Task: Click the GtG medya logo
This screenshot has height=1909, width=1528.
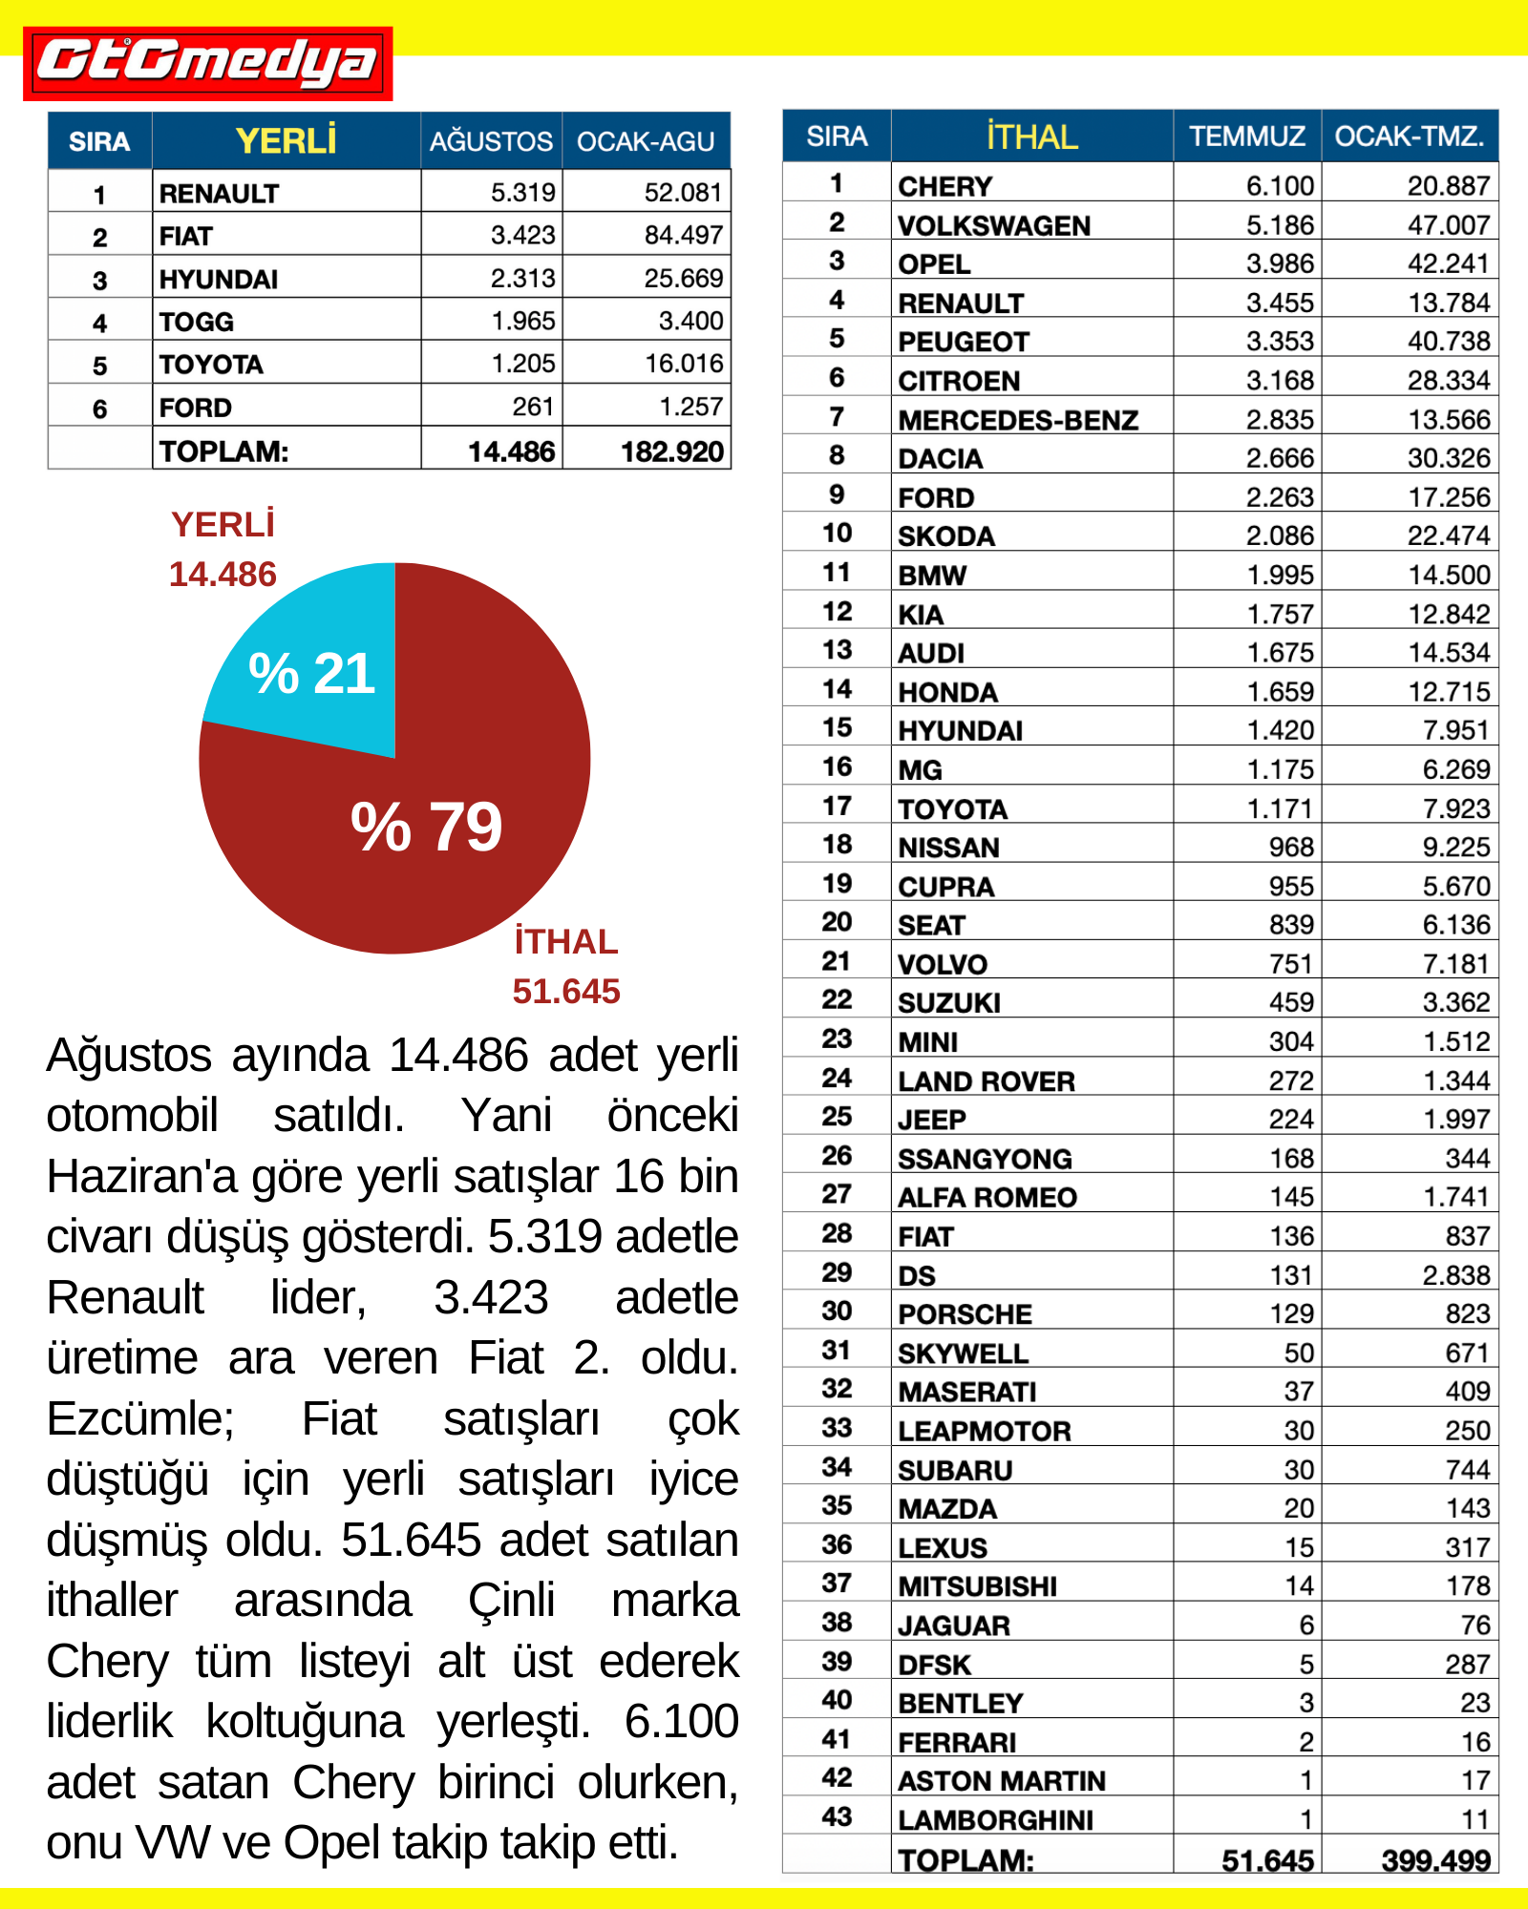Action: pos(207,63)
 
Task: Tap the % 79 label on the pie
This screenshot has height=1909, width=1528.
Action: pos(426,827)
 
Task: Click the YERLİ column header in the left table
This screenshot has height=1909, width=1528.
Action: pos(286,141)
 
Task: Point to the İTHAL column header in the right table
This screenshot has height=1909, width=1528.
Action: pos(1031,136)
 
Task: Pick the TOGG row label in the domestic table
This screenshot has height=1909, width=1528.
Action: pos(197,322)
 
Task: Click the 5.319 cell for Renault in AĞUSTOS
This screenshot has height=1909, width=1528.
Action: pos(522,193)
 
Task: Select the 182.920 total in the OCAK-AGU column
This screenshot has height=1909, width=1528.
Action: pos(671,451)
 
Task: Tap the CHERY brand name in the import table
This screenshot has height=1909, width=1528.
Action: pos(945,186)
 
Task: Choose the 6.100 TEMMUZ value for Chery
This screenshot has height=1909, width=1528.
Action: pos(1280,186)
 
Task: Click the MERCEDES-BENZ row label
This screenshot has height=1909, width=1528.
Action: pos(1018,420)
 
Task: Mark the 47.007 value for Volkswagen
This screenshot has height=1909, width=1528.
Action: pos(1448,225)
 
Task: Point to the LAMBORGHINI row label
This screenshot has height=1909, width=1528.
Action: pos(995,1820)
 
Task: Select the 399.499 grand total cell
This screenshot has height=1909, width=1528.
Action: pos(1435,1860)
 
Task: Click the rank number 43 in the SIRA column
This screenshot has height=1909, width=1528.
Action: pos(837,1816)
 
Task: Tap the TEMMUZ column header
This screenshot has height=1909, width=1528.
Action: pos(1246,136)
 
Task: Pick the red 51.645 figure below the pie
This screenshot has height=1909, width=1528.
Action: pos(566,992)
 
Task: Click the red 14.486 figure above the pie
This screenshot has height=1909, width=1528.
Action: pos(223,575)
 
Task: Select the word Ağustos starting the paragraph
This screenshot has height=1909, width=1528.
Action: pos(129,1056)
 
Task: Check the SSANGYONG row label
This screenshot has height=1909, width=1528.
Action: pos(985,1159)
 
